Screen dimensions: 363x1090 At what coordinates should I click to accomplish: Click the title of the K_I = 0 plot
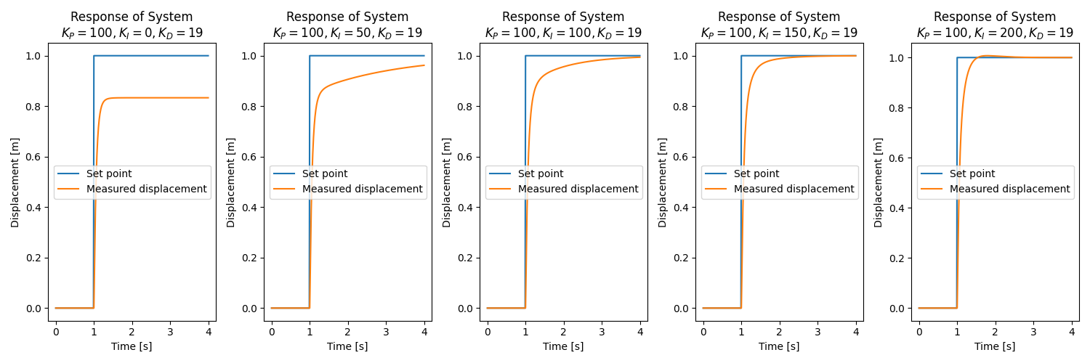tap(132, 25)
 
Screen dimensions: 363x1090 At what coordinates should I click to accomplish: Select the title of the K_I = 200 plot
tap(995, 25)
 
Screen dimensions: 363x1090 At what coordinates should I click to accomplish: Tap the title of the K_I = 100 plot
tap(563, 25)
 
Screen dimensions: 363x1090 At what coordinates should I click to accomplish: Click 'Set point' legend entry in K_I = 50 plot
tap(325, 174)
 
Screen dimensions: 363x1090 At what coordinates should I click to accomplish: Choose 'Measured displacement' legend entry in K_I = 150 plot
tap(794, 189)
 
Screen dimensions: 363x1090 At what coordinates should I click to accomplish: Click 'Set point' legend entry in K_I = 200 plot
tap(972, 174)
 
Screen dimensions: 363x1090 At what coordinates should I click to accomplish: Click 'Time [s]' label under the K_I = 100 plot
tap(563, 346)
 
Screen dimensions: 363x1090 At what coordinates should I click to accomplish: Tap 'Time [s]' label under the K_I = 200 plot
tap(995, 346)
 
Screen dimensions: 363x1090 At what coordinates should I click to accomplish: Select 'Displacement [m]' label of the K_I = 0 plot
tap(15, 182)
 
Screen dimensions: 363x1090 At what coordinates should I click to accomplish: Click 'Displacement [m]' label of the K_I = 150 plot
tap(663, 182)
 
